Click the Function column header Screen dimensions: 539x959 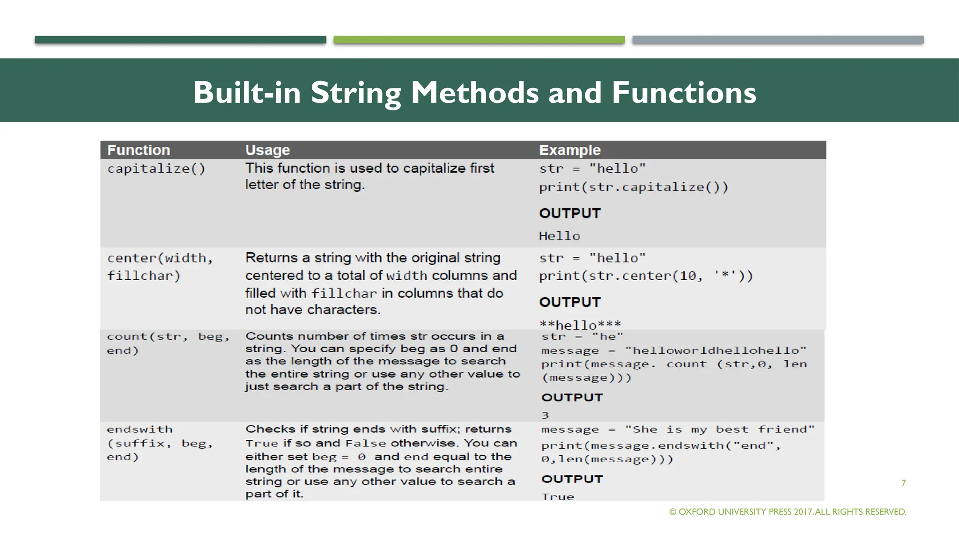pos(139,150)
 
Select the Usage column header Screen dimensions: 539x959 pos(267,150)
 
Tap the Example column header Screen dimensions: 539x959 pos(569,150)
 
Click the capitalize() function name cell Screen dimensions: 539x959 pos(156,168)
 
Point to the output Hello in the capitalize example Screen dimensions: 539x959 pos(560,236)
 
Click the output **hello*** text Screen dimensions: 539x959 pos(580,324)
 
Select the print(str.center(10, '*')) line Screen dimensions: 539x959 pos(646,276)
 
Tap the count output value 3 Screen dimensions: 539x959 pos(545,415)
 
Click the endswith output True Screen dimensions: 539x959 pos(558,496)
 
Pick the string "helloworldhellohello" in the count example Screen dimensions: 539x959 pos(716,350)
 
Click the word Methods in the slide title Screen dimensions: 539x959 pos(475,93)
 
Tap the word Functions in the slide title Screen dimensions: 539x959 pos(684,93)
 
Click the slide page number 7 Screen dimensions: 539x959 pos(903,483)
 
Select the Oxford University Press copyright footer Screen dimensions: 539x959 pos(788,512)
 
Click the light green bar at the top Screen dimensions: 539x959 pos(479,40)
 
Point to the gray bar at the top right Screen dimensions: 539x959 pos(777,40)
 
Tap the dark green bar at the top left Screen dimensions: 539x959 pos(180,40)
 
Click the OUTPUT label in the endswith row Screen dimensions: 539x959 pos(572,479)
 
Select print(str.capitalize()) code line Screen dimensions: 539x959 pos(634,187)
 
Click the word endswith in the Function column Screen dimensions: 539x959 pos(140,430)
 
